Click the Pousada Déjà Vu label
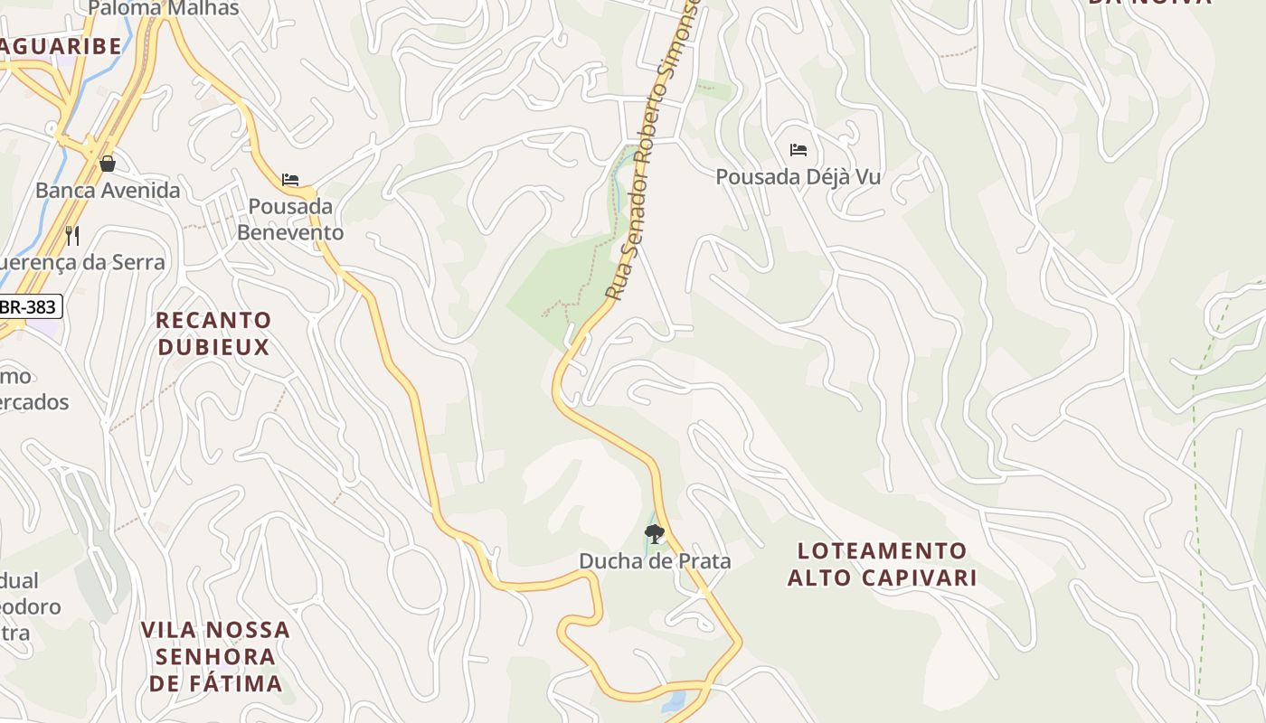point(798,177)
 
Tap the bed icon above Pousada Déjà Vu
point(798,150)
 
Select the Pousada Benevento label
point(290,220)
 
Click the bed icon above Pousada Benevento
point(290,180)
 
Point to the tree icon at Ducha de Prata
point(654,533)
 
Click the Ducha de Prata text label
point(655,561)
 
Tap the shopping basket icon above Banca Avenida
point(108,164)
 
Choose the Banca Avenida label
point(108,191)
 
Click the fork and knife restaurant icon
point(72,236)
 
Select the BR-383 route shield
point(29,306)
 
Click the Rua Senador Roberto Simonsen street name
point(653,154)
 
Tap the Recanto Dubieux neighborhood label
point(213,333)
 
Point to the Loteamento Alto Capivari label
point(882,564)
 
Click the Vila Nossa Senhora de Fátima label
point(215,656)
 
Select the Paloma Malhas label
point(164,9)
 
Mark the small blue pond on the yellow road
point(675,701)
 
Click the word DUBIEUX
point(213,347)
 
